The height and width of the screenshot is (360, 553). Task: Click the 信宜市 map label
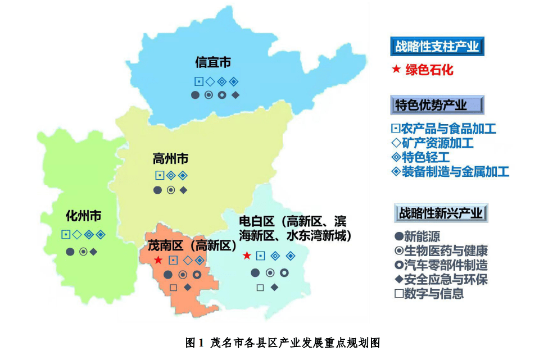click(x=212, y=62)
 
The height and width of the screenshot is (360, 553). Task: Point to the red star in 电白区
click(x=247, y=256)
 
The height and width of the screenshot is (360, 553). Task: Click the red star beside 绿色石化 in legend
click(x=396, y=70)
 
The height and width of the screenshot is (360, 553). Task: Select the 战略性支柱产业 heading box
click(x=437, y=46)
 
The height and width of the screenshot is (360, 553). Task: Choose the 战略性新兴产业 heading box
click(x=440, y=213)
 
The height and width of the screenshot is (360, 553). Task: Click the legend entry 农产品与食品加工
click(x=443, y=129)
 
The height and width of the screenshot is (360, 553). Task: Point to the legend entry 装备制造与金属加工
click(x=450, y=172)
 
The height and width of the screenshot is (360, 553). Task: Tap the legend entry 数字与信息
click(x=429, y=293)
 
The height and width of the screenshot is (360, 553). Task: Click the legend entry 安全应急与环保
click(x=441, y=279)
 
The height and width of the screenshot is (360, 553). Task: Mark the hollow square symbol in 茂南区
click(x=173, y=288)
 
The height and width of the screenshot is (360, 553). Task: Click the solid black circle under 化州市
click(x=70, y=252)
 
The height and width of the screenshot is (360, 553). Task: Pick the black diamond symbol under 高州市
click(x=184, y=190)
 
